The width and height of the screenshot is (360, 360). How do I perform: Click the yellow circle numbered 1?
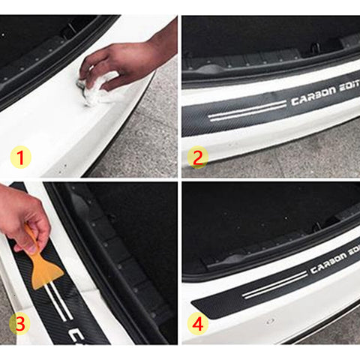[22, 157]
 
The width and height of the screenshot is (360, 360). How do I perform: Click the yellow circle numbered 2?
[199, 157]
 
